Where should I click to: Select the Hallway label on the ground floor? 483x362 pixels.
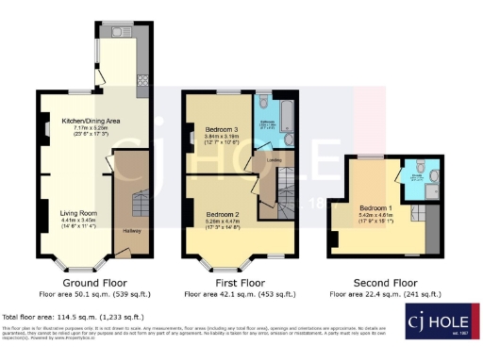(131, 231)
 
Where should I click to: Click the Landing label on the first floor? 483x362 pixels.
(275, 160)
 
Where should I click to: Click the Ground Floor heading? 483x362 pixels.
(94, 282)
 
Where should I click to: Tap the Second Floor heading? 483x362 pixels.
(385, 282)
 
